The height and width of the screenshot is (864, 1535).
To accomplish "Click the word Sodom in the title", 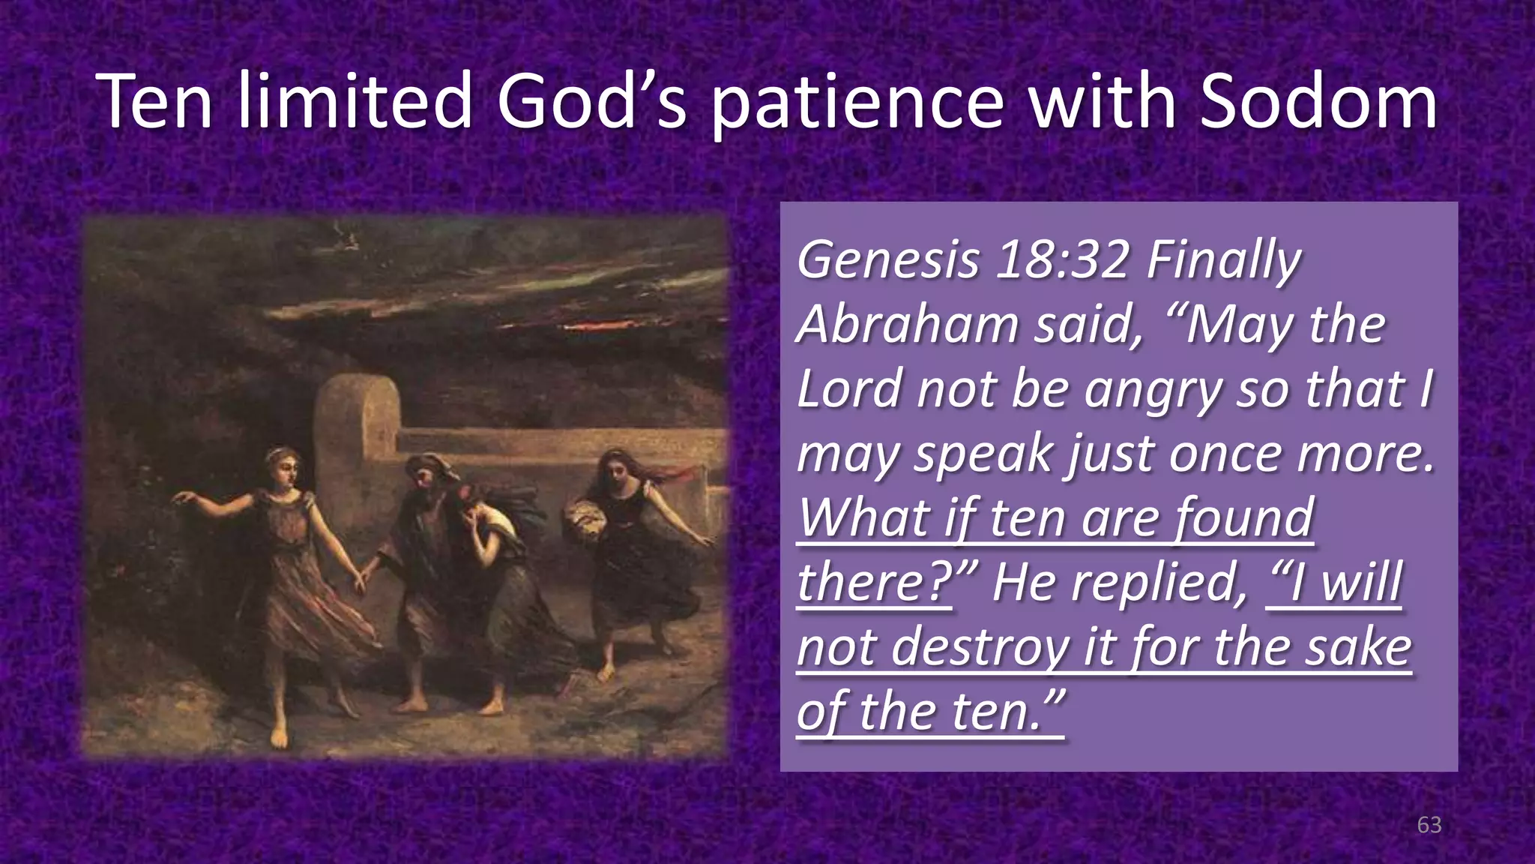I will tap(1318, 101).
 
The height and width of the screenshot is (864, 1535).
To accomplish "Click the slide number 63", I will tap(1429, 825).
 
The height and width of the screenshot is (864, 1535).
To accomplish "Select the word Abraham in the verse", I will tap(908, 325).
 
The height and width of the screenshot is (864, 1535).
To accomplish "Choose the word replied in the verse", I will tap(1159, 583).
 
